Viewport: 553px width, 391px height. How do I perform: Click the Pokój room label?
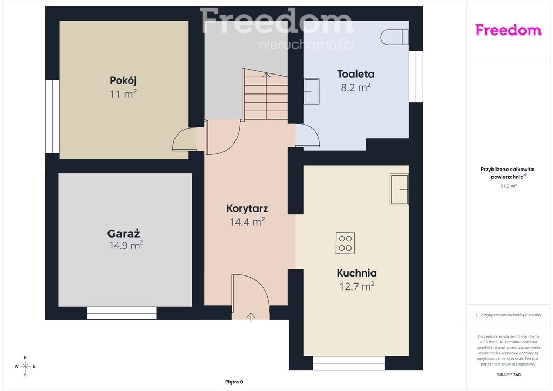pos(123,80)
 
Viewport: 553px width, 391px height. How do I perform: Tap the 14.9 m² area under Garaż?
pos(126,245)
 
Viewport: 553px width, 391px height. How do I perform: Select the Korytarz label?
pos(247,208)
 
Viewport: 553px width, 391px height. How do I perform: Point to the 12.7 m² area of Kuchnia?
pos(356,286)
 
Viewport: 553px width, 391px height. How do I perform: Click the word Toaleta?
pos(355,74)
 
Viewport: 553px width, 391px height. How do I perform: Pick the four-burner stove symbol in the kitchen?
pos(345,243)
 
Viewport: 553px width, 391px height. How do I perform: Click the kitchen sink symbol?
pos(399,190)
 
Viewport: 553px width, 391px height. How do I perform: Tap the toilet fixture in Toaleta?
pos(395,37)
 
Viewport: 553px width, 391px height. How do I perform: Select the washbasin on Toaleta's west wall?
pos(312,91)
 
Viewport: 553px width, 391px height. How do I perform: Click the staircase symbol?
pos(265,95)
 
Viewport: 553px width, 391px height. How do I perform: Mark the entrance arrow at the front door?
pos(251,317)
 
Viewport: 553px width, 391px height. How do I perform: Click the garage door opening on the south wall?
pos(122,313)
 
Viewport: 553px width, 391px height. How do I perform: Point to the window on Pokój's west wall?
pos(52,116)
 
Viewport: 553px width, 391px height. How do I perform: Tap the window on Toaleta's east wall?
pos(416,77)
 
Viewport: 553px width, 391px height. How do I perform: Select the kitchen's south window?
pos(349,363)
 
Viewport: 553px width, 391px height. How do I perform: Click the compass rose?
pos(25,366)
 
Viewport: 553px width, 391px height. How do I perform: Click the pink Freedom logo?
pos(508,30)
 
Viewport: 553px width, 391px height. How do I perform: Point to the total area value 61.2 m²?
pos(508,186)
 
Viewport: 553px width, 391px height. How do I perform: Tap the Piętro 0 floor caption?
pos(234,382)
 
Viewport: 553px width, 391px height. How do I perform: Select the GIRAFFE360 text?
pos(508,375)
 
